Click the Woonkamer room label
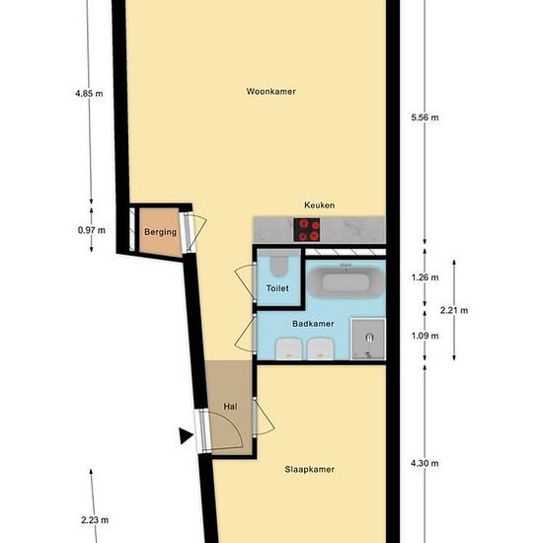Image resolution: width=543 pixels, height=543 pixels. [271, 92]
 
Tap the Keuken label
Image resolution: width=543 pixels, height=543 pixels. [319, 205]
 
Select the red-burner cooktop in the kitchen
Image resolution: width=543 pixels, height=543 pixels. [310, 230]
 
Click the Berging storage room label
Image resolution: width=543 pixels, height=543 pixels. [160, 232]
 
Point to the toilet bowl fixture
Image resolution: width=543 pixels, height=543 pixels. [279, 265]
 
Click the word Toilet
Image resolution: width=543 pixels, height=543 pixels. [277, 288]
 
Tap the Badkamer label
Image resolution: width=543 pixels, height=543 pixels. [314, 323]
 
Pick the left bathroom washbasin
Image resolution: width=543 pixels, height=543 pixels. [289, 348]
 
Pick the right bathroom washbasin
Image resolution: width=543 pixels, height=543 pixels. [320, 348]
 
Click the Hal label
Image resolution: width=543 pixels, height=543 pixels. [231, 405]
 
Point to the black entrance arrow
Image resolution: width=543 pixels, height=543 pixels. [185, 434]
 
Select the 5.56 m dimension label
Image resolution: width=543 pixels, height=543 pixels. [425, 117]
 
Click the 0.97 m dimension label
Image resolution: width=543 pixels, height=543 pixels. [90, 230]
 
